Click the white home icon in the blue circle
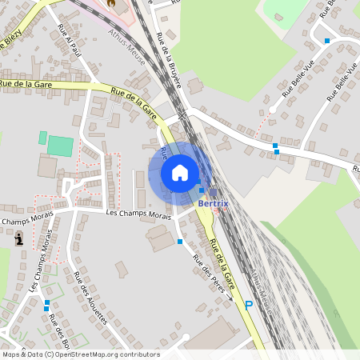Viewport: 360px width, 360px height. (180, 173)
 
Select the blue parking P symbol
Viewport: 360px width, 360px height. (249, 304)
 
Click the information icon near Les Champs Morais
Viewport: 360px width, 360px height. (18, 238)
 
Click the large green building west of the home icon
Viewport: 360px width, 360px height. (60, 146)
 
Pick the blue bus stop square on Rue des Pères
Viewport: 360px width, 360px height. (180, 241)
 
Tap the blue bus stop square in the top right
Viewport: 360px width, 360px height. (326, 40)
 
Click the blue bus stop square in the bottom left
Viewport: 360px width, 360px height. (46, 304)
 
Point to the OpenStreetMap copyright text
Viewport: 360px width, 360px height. (80, 354)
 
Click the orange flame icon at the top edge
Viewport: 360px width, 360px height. (111, 2)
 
